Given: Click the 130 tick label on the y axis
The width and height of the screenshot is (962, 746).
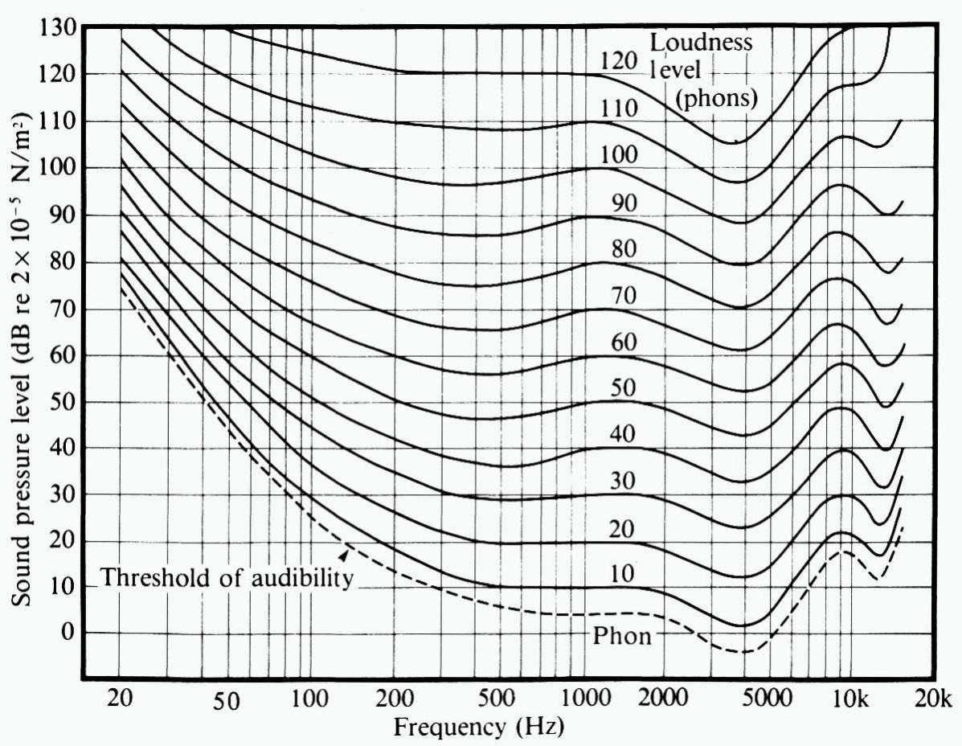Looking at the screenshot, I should pyautogui.click(x=56, y=27).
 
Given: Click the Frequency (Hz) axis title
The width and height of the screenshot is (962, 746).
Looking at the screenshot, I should pyautogui.click(x=479, y=728).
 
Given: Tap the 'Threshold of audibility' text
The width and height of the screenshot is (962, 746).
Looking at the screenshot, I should pyautogui.click(x=227, y=577).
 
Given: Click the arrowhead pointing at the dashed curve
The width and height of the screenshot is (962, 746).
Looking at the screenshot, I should pyautogui.click(x=345, y=554).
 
